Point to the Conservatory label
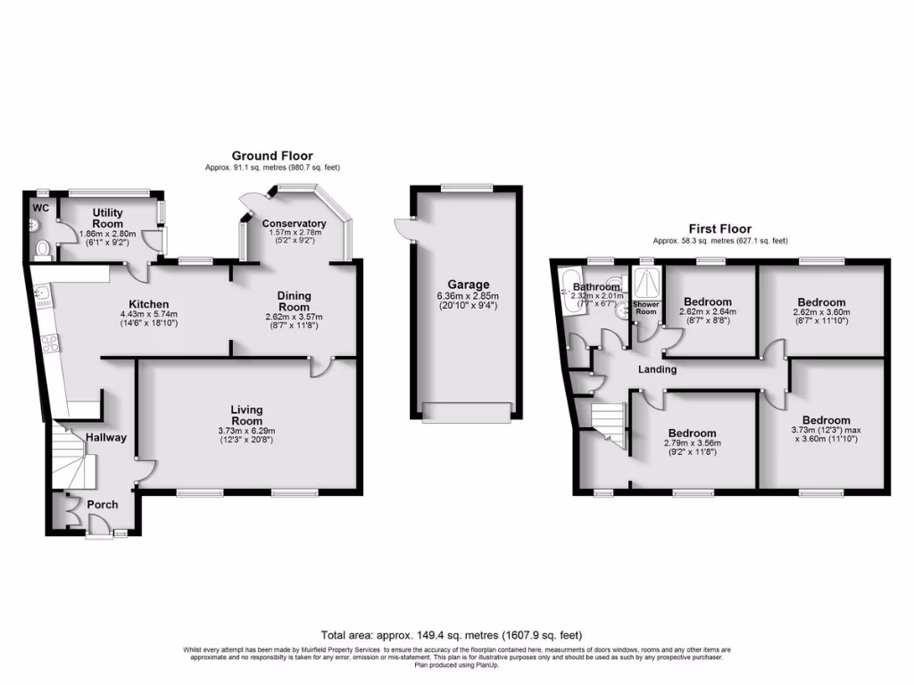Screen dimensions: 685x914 [x=294, y=223]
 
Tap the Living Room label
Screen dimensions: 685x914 [x=247, y=416]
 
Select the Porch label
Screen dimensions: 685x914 [x=102, y=505]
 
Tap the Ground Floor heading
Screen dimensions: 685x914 [x=272, y=156]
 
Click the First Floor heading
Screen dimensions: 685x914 [x=719, y=229]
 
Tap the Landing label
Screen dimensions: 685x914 [x=657, y=369]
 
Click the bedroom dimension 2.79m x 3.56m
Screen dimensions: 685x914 [x=692, y=443]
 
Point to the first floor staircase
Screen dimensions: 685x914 [x=608, y=423]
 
